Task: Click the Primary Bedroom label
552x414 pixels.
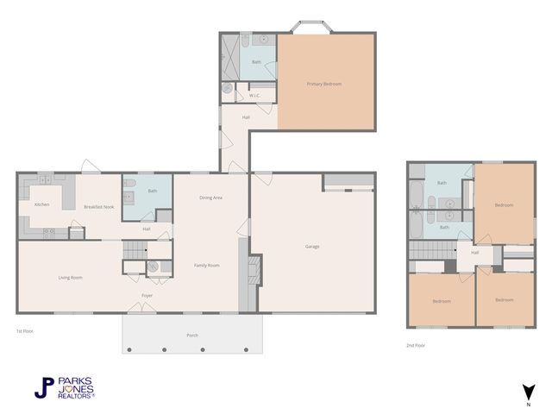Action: (325, 84)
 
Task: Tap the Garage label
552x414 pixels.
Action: (312, 247)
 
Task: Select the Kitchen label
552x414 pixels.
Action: (41, 204)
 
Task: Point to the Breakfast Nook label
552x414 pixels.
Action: (99, 207)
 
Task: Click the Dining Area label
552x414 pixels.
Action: (211, 198)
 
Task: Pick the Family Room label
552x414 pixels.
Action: (207, 265)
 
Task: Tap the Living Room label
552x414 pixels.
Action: (70, 277)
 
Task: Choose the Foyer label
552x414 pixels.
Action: (147, 296)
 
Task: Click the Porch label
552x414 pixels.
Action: (191, 335)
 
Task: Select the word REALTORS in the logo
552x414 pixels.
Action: (74, 395)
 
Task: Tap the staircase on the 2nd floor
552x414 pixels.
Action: (431, 250)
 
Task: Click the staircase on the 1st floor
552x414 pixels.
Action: (133, 250)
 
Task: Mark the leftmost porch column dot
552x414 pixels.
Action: (129, 350)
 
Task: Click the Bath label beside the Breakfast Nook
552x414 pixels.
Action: (153, 191)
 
